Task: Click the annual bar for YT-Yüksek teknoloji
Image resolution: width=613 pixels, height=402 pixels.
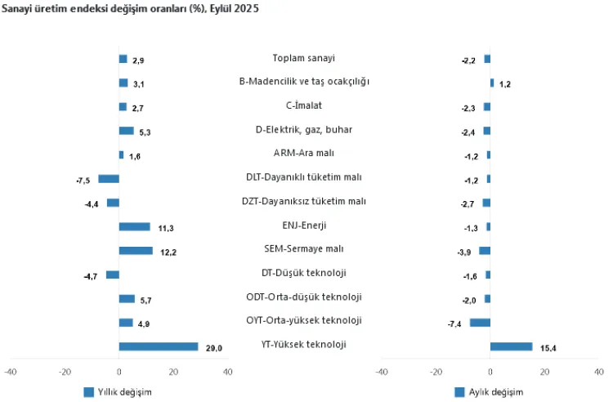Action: click(159, 346)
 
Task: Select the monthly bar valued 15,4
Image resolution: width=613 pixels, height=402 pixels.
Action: click(511, 346)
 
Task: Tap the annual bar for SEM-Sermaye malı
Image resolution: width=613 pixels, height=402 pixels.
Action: click(136, 251)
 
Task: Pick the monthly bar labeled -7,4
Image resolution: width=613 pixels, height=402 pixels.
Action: click(480, 322)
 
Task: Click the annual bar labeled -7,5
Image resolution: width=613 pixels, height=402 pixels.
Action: click(109, 179)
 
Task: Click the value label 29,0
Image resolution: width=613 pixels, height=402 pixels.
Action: click(214, 349)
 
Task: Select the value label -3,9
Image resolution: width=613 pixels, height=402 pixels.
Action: click(463, 252)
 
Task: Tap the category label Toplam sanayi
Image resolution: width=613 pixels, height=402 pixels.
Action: click(304, 58)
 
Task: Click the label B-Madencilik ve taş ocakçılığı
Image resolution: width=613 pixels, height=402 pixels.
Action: click(304, 82)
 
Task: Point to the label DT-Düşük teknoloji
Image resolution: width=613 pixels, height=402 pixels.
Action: click(304, 272)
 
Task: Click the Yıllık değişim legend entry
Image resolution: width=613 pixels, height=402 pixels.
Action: click(118, 391)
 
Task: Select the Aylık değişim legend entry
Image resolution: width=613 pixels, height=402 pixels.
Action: click(488, 391)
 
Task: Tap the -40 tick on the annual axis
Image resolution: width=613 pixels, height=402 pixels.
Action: click(11, 373)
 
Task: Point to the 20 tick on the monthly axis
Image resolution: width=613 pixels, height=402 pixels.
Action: click(544, 373)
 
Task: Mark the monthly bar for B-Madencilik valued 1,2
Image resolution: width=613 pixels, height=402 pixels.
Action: click(492, 83)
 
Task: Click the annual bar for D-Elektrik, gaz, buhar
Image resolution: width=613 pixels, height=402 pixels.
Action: click(126, 131)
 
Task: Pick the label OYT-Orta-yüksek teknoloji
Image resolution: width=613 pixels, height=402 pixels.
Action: click(304, 320)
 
